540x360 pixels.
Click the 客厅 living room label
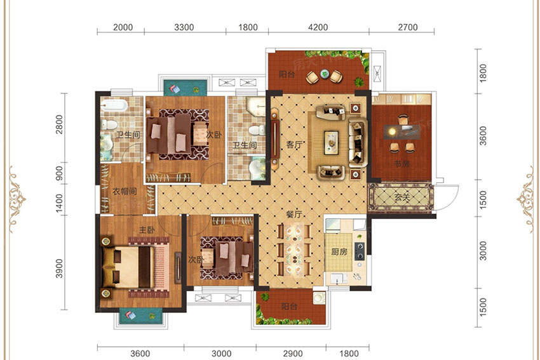294,145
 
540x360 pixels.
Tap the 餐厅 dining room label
294,214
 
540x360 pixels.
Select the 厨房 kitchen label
339,252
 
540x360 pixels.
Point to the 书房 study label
402,163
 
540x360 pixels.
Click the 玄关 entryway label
402,197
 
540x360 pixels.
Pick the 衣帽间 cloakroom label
125,191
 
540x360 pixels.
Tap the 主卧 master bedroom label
147,230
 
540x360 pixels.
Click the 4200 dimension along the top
318,27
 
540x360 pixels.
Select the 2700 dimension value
408,27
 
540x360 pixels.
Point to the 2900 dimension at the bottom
293,354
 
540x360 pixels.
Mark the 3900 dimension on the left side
59,269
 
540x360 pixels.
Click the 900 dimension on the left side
59,173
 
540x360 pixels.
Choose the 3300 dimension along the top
184,27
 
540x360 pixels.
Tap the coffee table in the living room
332,142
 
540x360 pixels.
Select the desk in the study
402,132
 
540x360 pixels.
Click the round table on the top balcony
325,74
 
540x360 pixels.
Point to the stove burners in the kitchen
360,251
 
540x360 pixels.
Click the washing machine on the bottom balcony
320,298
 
